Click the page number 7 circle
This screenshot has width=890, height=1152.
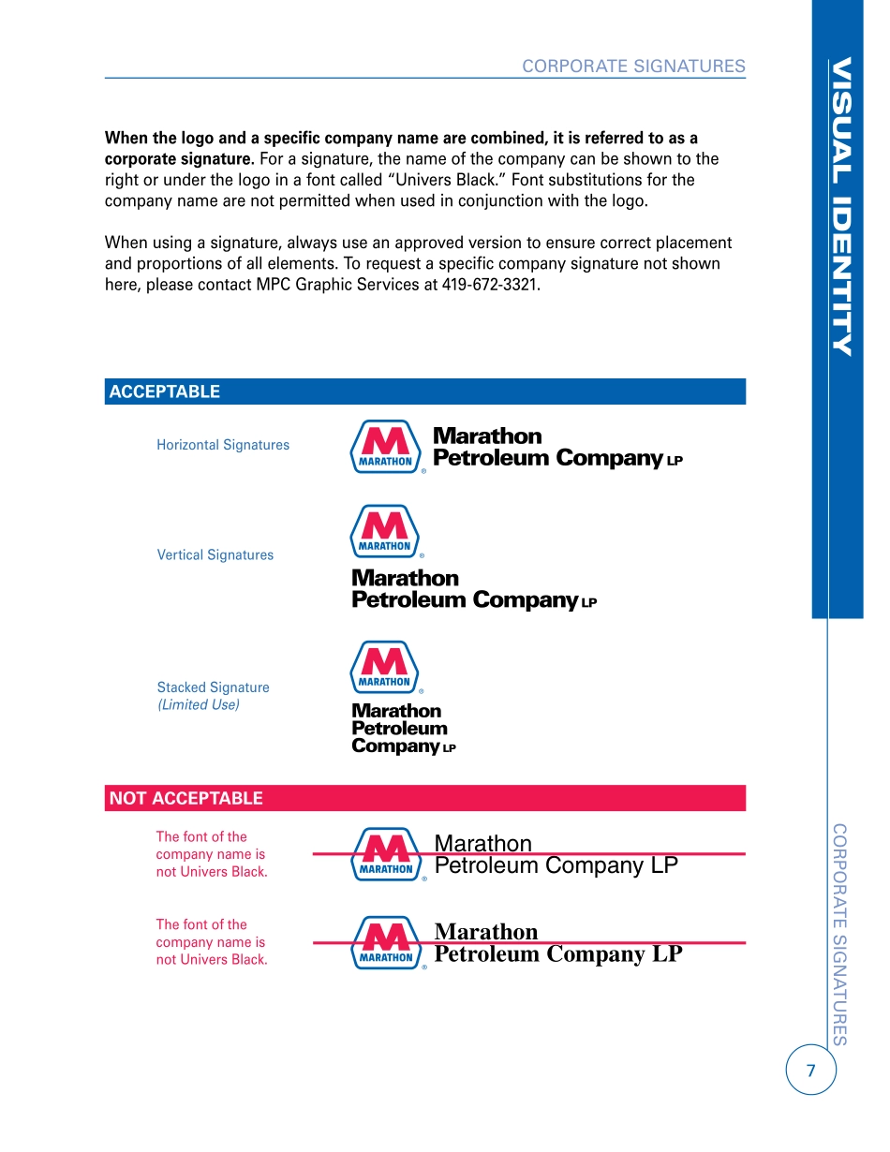tap(810, 1071)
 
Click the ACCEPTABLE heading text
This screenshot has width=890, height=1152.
tap(165, 391)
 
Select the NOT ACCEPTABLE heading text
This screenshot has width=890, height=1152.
tap(186, 798)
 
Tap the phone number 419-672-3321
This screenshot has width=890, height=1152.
tap(490, 285)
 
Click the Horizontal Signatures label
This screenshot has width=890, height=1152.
tap(223, 445)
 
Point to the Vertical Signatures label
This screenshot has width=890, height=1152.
tap(215, 554)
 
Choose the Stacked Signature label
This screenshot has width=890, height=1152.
tap(213, 687)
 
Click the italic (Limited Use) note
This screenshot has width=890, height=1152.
tap(199, 704)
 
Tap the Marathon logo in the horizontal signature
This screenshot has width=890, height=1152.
tap(383, 447)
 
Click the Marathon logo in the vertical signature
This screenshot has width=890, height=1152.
tap(383, 531)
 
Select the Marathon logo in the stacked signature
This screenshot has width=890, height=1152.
tap(383, 667)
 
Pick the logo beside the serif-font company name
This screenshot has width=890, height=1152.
tap(383, 942)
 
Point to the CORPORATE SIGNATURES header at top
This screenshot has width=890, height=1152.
tap(633, 66)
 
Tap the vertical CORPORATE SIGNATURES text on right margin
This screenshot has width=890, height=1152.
tap(839, 934)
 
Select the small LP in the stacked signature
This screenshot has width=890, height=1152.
tap(449, 748)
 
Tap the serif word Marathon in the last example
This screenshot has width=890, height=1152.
tap(486, 932)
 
